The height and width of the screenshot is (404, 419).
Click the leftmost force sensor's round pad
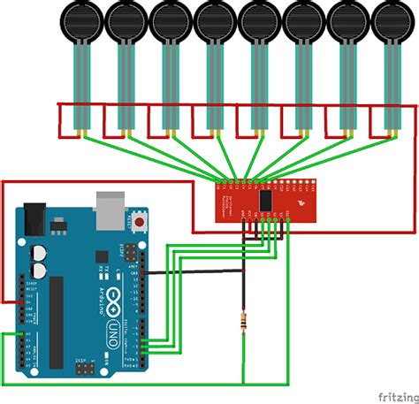click(81, 19)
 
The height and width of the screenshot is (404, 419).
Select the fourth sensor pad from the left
click(214, 19)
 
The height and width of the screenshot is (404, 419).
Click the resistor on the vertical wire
click(243, 326)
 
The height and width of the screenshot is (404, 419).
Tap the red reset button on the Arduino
click(137, 219)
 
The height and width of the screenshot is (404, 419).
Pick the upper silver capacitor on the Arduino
click(38, 252)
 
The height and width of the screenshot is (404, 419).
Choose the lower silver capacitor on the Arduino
click(39, 269)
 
